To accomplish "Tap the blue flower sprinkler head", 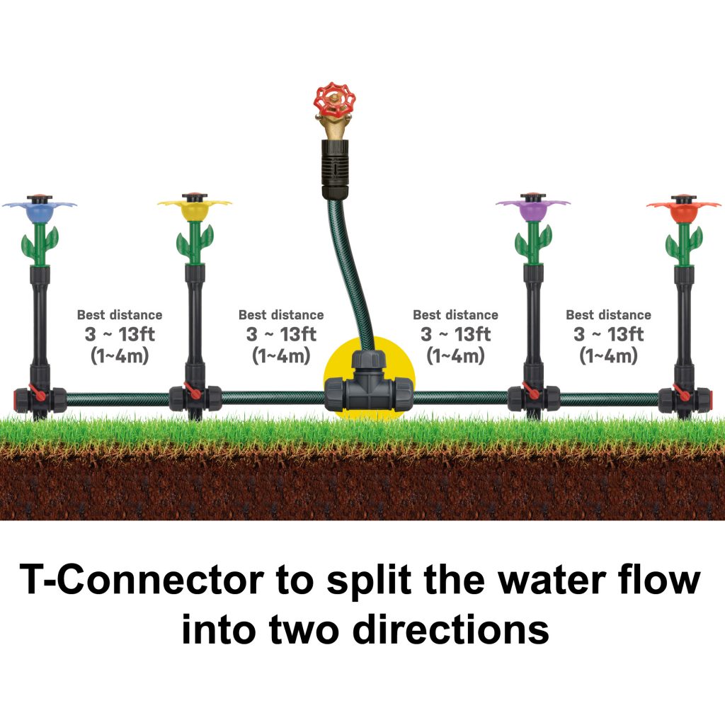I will point(39,209).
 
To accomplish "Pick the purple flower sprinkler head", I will point(532,209).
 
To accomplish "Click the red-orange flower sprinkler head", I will point(683,209).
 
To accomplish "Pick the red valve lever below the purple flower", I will point(531,392).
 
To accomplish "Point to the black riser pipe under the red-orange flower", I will point(683,319).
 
